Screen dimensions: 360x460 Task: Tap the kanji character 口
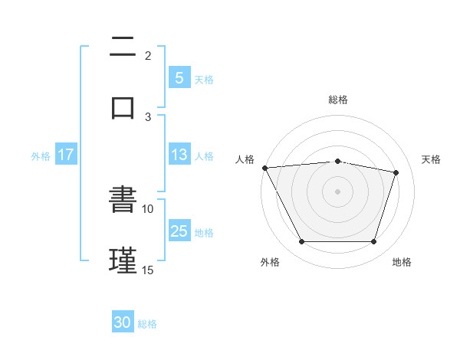(123, 106)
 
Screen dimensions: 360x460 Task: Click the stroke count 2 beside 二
(148, 55)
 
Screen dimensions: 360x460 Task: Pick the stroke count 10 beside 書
(148, 208)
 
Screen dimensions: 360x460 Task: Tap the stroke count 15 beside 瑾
(148, 270)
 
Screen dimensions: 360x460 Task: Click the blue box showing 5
(179, 77)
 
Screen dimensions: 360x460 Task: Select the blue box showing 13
(179, 155)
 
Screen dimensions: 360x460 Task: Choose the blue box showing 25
(179, 231)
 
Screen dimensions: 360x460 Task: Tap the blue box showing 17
(65, 155)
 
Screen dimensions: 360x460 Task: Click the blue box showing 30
(123, 322)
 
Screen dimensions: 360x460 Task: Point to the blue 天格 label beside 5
(204, 79)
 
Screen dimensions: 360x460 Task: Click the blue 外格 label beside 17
(41, 155)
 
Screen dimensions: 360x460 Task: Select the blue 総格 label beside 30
(147, 324)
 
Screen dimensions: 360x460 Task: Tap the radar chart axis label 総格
(337, 100)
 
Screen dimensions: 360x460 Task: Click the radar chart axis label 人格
(245, 159)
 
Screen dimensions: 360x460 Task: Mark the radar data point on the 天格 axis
(396, 172)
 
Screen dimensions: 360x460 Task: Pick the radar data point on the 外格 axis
(301, 242)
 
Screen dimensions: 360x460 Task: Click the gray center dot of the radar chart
(337, 191)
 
